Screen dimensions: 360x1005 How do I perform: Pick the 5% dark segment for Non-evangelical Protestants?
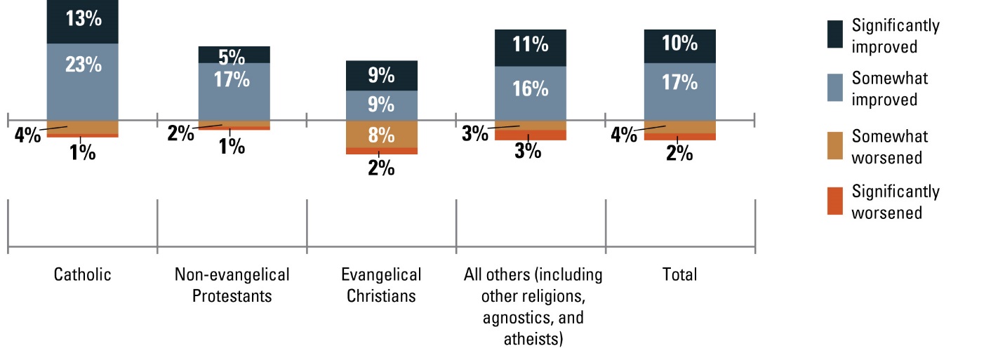click(x=234, y=55)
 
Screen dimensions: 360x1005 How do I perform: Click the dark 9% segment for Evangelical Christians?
click(x=381, y=75)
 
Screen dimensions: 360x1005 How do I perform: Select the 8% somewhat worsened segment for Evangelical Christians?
click(x=381, y=133)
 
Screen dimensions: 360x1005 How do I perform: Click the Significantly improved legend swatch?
click(x=834, y=36)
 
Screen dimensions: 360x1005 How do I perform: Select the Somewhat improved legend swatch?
click(x=834, y=88)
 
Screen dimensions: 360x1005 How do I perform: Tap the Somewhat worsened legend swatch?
click(x=834, y=146)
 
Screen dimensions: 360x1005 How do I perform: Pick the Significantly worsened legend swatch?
click(x=834, y=201)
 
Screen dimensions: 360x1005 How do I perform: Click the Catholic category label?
click(x=82, y=274)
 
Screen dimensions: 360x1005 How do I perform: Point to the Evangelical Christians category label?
click(x=381, y=284)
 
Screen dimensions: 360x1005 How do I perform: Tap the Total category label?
click(x=679, y=274)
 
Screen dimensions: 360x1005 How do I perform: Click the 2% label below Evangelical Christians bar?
click(x=381, y=168)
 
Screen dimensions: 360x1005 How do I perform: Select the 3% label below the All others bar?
click(x=528, y=150)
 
